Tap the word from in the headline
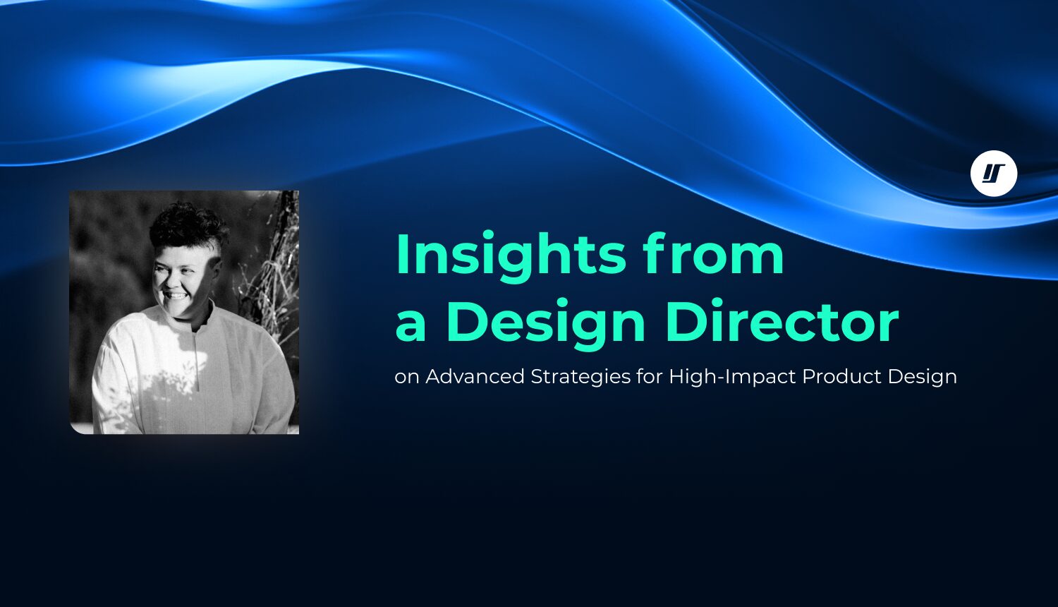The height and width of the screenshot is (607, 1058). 713,256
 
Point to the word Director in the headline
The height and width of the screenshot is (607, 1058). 782,323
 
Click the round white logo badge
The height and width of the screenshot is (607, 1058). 993,173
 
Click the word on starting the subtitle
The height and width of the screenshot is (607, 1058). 407,378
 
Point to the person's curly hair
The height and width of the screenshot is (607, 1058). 187,226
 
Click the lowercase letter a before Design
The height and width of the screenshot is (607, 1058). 411,324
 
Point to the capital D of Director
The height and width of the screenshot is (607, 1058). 685,323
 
